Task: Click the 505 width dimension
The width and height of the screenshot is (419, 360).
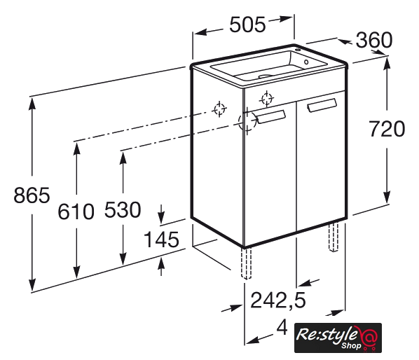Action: (x=248, y=25)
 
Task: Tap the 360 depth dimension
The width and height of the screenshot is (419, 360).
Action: (x=374, y=40)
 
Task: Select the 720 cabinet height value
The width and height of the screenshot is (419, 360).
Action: (x=387, y=129)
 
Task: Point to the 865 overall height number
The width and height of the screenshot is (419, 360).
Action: (x=32, y=195)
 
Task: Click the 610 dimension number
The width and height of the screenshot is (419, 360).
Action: (x=76, y=212)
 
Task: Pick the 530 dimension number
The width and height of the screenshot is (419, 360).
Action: (x=123, y=209)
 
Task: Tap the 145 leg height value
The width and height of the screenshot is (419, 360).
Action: (x=161, y=240)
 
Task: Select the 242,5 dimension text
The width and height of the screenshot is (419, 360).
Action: (x=278, y=300)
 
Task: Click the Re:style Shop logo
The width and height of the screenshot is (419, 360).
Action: (x=338, y=338)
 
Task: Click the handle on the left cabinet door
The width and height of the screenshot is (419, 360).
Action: (x=271, y=117)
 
